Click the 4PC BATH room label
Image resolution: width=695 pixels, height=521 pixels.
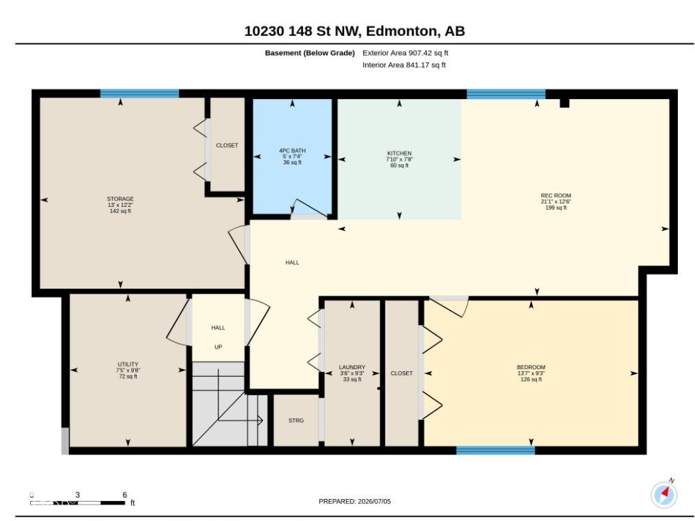(292, 151)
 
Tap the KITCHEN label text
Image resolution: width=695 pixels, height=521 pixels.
(400, 153)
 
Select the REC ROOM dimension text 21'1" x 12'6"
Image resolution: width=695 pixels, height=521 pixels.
(556, 201)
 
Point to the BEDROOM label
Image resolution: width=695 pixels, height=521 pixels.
(531, 367)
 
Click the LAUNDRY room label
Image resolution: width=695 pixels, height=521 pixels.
(352, 367)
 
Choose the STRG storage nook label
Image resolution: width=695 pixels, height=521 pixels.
(296, 420)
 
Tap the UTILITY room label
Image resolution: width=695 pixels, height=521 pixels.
(128, 364)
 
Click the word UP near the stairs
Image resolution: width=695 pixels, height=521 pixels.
(218, 346)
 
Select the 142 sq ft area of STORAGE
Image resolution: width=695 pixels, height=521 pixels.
(120, 211)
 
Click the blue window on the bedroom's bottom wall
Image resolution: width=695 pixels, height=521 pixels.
(496, 450)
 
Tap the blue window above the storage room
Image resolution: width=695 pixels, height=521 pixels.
(139, 93)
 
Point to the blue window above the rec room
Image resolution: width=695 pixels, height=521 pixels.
(505, 93)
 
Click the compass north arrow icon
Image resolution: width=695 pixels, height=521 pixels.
(664, 494)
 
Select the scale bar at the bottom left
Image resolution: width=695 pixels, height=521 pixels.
(78, 503)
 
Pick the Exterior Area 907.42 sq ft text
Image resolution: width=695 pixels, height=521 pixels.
(405, 53)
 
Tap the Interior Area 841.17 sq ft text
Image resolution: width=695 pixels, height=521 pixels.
(405, 65)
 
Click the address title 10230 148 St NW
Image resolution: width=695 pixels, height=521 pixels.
(303, 31)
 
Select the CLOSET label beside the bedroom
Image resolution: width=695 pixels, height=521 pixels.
(402, 373)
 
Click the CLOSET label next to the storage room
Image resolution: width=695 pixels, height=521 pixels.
(227, 145)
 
